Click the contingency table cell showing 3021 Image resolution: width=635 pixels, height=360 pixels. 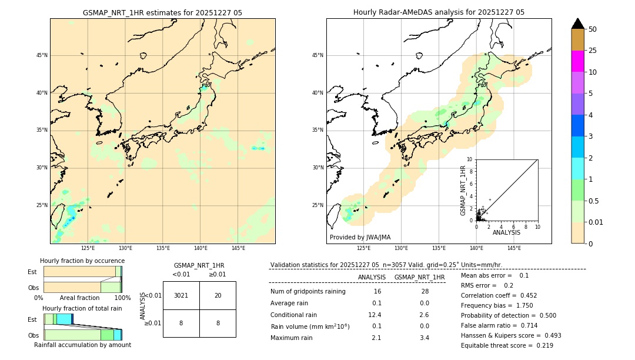click(181, 295)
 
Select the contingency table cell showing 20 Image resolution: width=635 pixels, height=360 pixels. click(218, 295)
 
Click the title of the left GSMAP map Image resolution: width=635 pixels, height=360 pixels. click(162, 12)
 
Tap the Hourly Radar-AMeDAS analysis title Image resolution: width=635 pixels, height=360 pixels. click(439, 12)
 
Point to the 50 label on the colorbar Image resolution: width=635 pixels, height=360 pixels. click(593, 29)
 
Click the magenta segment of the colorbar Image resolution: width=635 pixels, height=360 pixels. click(577, 61)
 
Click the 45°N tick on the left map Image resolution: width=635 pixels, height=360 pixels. click(42, 55)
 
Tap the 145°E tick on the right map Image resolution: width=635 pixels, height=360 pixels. click(514, 248)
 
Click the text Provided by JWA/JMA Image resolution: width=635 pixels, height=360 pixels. click(360, 238)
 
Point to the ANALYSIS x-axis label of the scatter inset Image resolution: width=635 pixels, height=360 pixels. click(506, 232)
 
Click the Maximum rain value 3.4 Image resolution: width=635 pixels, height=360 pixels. click(424, 338)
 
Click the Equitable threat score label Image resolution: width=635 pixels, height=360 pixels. click(497, 345)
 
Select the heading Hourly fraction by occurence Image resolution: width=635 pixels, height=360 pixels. click(82, 261)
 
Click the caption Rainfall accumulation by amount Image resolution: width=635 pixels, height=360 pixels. click(82, 345)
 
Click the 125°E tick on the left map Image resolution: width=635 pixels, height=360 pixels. click(88, 248)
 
